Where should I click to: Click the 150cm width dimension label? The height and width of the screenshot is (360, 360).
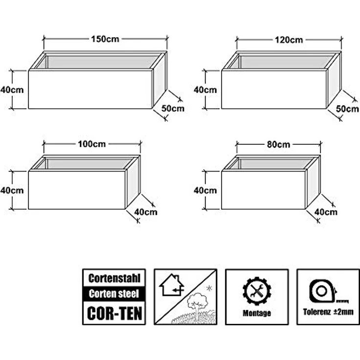(x=105, y=39)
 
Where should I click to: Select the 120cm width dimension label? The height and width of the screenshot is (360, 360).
(x=289, y=40)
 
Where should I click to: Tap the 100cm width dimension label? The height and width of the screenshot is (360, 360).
(x=92, y=144)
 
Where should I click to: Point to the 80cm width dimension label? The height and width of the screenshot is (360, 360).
(x=278, y=145)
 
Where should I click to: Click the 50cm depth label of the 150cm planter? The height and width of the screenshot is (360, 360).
(x=173, y=109)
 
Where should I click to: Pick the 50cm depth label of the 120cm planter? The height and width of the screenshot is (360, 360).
(x=347, y=109)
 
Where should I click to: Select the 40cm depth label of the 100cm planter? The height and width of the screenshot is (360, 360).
(x=146, y=212)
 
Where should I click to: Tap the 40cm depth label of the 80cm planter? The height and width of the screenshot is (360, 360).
(x=326, y=212)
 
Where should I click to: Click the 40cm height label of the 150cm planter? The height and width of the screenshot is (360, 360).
(x=12, y=90)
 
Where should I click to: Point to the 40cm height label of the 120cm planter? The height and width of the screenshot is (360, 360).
(x=205, y=90)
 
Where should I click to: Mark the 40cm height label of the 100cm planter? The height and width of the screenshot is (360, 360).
(x=12, y=190)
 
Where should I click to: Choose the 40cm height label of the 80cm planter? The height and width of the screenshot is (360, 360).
(x=205, y=190)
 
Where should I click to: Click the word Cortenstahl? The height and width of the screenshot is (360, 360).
(x=114, y=278)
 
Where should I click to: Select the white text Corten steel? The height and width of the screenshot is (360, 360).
(x=114, y=294)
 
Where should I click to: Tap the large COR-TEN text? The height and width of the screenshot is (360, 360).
(x=114, y=313)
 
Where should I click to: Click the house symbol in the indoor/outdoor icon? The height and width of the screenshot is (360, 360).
(x=172, y=285)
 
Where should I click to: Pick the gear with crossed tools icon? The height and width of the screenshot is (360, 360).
(x=257, y=291)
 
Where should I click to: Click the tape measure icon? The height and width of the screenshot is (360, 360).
(x=329, y=291)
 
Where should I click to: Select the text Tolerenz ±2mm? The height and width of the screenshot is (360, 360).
(x=328, y=312)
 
